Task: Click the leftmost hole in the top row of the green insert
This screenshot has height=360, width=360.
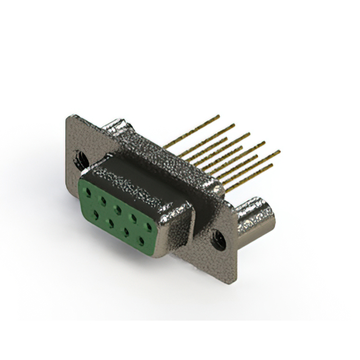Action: tap(88, 192)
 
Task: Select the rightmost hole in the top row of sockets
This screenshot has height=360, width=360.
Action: tap(148, 226)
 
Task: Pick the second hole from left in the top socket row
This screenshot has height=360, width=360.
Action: tap(103, 200)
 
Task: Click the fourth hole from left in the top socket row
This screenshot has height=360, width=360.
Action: tap(134, 218)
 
